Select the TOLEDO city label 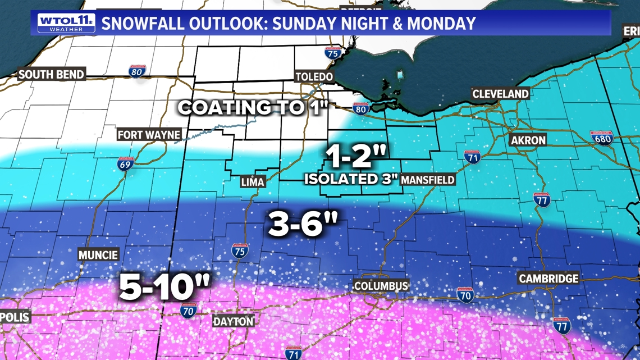314,77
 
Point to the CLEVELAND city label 501,94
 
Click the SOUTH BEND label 51,74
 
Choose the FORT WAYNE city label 149,135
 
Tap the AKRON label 528,140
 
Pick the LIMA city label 252,182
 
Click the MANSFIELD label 428,180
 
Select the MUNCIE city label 98,255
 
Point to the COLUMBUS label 381,286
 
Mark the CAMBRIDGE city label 548,279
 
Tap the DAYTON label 234,321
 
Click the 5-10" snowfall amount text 164,288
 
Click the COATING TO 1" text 253,107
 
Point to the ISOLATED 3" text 351,179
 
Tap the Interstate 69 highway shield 125,163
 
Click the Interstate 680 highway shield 602,138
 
